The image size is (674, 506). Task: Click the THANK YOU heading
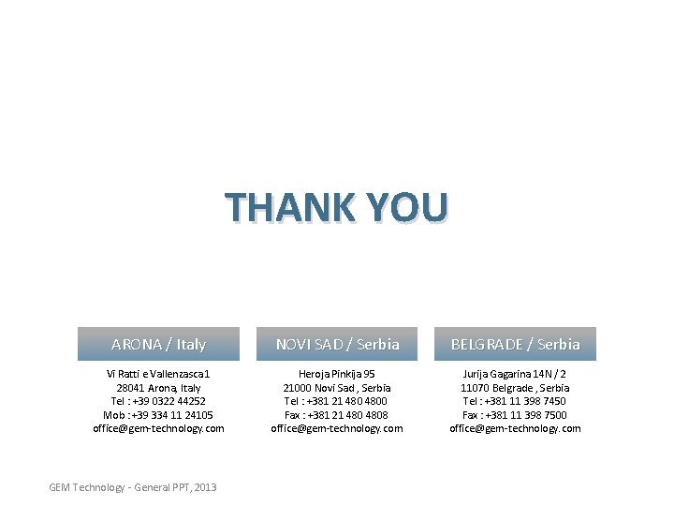(x=336, y=207)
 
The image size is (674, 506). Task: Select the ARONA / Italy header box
(x=158, y=344)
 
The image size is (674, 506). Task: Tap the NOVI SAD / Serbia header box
(x=337, y=344)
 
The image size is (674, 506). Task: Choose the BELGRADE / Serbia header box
(x=515, y=344)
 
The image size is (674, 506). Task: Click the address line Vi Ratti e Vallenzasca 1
(x=158, y=374)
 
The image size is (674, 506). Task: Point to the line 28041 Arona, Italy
(x=158, y=388)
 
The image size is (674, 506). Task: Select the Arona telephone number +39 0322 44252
(x=168, y=401)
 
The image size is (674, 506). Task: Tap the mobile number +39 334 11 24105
(x=171, y=415)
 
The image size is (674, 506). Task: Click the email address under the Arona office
(x=158, y=428)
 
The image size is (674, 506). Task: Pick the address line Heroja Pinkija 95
(x=337, y=374)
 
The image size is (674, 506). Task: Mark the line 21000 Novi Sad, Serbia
(x=337, y=388)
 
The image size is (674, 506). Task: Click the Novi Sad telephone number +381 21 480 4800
(x=347, y=401)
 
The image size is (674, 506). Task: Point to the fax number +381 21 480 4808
(x=347, y=415)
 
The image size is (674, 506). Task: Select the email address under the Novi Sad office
(x=337, y=428)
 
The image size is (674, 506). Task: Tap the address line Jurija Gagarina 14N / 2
(x=515, y=374)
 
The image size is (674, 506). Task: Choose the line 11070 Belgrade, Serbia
(x=515, y=388)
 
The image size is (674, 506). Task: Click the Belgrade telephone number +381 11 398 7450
(x=525, y=401)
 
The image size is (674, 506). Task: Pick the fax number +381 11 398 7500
(x=525, y=415)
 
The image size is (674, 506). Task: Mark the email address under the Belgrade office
(x=515, y=428)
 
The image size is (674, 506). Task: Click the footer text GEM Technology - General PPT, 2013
(x=133, y=487)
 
